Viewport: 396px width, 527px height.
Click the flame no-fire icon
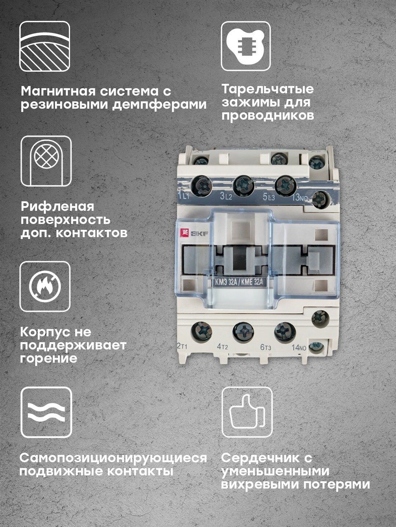(x=45, y=287)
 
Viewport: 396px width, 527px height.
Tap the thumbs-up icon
(x=247, y=412)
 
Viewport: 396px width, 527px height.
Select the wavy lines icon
(x=46, y=412)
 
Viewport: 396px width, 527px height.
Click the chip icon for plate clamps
(x=246, y=46)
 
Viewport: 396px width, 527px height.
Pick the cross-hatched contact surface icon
(x=46, y=161)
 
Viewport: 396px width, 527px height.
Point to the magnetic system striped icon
(x=45, y=46)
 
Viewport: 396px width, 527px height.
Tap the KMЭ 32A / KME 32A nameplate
(x=239, y=282)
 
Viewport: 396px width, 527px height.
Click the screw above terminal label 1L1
(x=202, y=186)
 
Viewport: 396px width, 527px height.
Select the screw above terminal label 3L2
(x=243, y=186)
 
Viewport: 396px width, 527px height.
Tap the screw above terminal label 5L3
(x=285, y=186)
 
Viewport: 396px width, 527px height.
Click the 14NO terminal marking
(x=299, y=347)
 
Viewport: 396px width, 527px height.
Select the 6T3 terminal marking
(x=266, y=347)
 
